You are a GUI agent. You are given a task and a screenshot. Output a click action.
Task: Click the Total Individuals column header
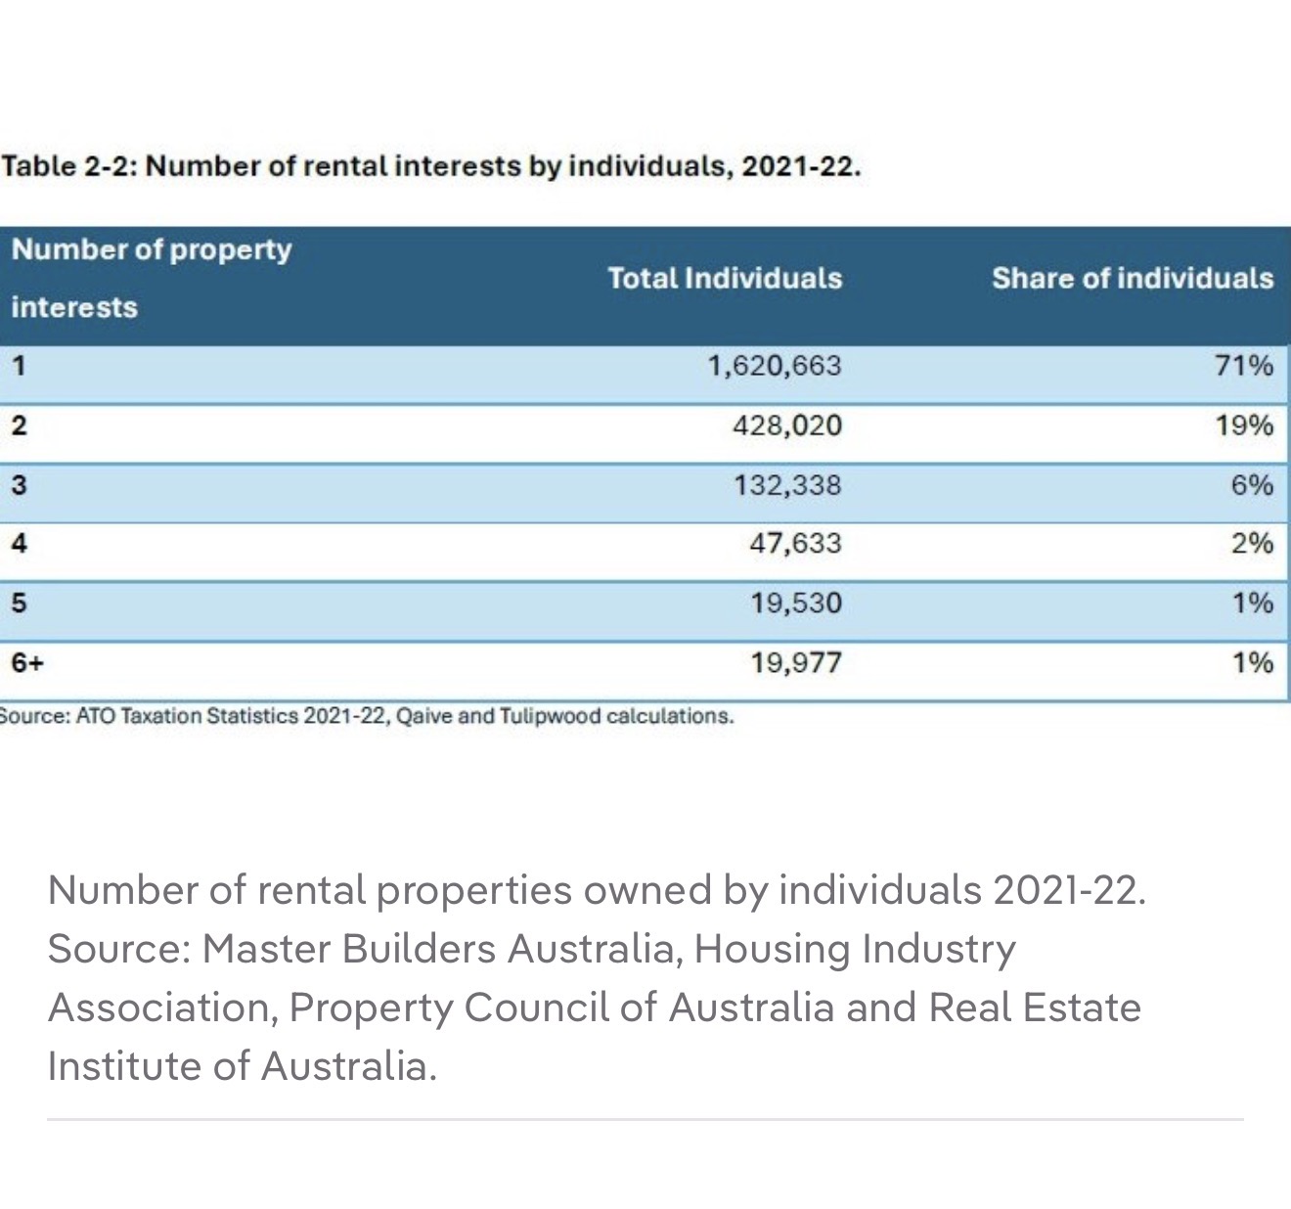tap(725, 279)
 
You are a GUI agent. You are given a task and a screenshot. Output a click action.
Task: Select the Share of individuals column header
tap(1133, 279)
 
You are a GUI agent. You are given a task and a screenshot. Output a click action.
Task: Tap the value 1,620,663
tap(774, 366)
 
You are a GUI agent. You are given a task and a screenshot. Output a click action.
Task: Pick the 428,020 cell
tap(786, 425)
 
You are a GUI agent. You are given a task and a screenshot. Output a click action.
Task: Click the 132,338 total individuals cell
tap(787, 485)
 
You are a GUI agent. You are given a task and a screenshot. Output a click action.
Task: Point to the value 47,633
tap(795, 543)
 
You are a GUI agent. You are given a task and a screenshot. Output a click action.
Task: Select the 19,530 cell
tap(796, 603)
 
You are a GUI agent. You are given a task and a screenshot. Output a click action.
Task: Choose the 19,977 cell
tap(796, 663)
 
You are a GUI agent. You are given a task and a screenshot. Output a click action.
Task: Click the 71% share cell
tap(1244, 366)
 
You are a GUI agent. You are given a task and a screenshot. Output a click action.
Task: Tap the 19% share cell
tap(1244, 425)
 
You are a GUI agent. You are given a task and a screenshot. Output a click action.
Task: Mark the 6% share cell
tap(1252, 485)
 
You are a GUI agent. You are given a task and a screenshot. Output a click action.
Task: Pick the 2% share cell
tap(1252, 543)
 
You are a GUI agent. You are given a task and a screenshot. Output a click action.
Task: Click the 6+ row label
tap(27, 663)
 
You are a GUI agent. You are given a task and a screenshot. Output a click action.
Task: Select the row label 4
tap(19, 543)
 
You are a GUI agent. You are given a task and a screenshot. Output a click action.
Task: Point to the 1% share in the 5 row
tap(1252, 603)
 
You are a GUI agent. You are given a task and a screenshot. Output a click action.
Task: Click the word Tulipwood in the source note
tap(550, 716)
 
